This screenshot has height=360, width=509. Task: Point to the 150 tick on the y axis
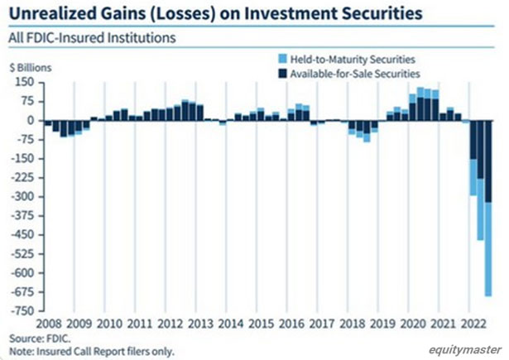point(23,82)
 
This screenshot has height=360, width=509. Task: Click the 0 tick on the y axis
point(29,120)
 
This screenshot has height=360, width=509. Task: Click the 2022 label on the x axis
point(476,323)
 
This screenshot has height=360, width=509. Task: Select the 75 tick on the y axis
point(26,101)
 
